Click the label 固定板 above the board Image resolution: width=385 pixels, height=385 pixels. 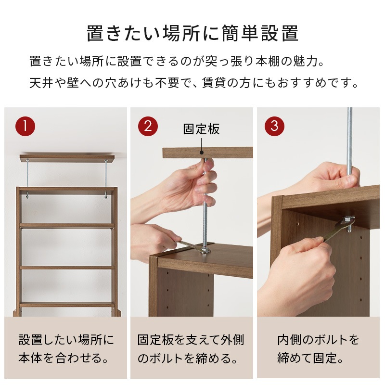201,129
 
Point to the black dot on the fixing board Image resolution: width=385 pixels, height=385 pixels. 201,152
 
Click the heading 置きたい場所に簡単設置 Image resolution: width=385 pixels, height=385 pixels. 192,34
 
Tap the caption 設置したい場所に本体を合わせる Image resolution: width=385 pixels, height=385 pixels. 66,349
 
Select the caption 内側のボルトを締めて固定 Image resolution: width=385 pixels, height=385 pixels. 318,349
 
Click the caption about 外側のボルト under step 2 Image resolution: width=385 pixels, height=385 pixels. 191,349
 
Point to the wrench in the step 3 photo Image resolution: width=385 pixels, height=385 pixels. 337,231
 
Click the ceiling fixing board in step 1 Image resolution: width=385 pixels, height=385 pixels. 67,158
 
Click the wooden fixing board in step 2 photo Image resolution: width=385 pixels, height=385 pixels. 226,153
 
